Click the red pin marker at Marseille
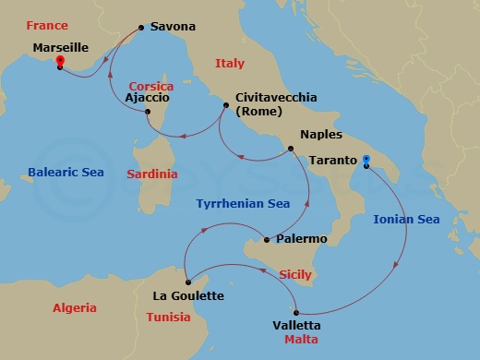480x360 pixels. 60,63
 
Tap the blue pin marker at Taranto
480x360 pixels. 366,162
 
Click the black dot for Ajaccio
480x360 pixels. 148,113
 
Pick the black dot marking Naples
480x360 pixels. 291,149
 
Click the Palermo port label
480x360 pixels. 302,239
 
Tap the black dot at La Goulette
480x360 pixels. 186,282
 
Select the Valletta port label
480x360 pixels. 297,325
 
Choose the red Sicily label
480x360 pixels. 295,274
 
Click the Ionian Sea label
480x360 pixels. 406,219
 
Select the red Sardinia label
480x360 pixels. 151,174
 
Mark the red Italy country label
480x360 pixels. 229,64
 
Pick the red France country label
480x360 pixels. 46,25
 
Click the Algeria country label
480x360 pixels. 75,307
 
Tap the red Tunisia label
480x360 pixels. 168,317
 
